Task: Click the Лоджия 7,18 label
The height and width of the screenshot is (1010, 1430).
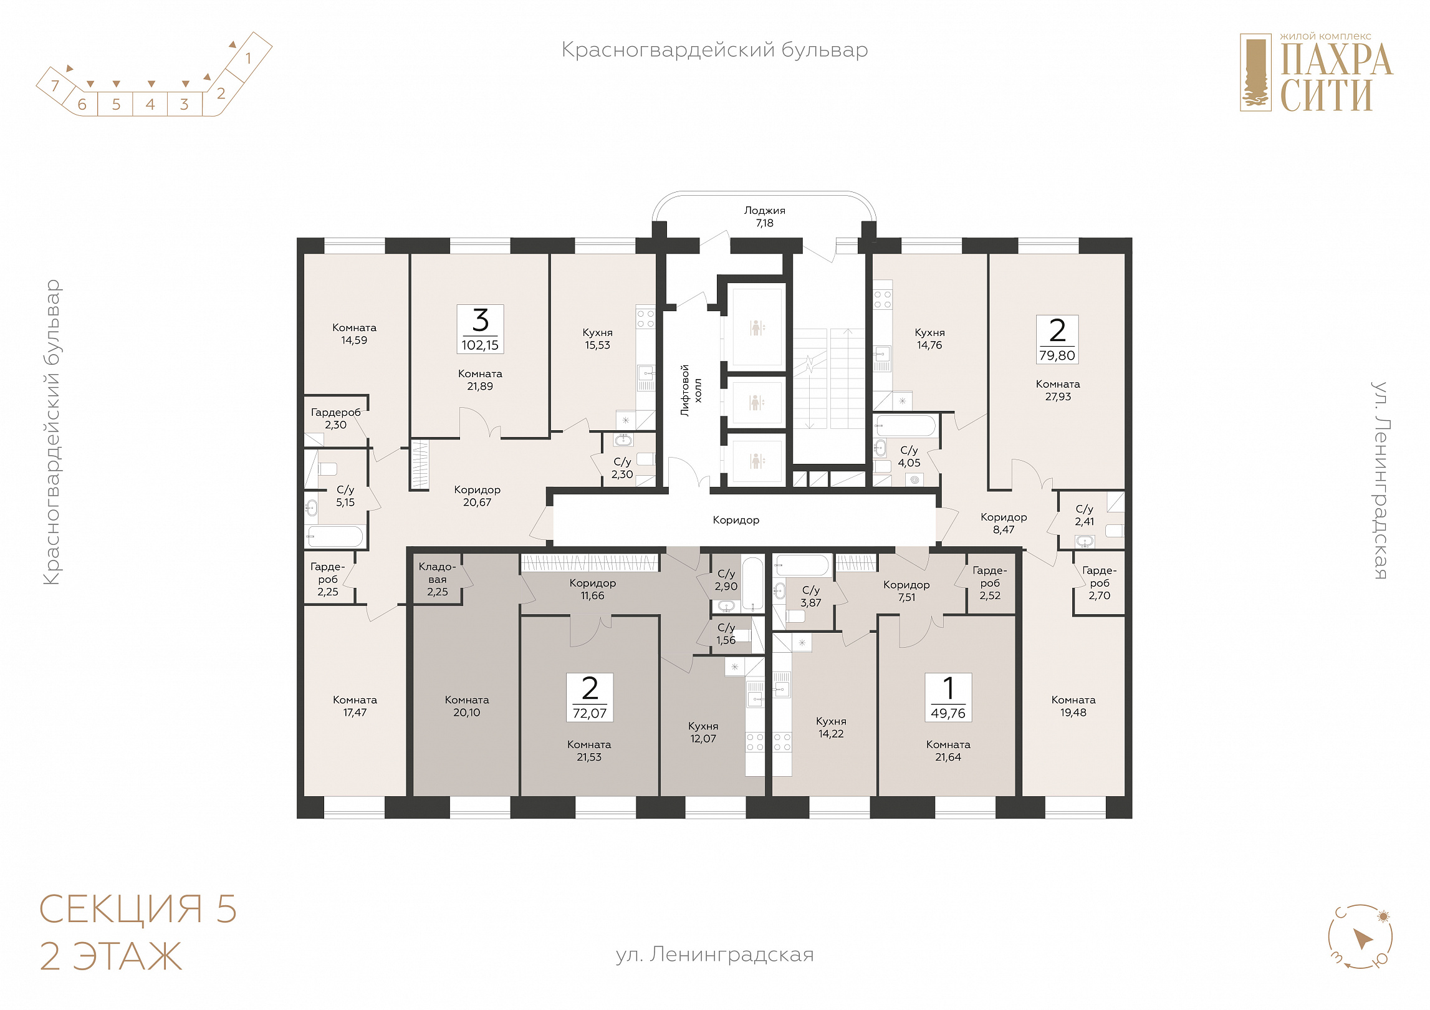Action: [764, 217]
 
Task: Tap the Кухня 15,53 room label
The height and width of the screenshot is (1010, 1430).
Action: [597, 339]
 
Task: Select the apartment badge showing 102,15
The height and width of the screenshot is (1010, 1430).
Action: [480, 329]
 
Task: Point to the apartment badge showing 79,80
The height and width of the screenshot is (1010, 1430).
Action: [1057, 340]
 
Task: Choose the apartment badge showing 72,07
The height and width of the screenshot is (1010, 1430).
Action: [590, 698]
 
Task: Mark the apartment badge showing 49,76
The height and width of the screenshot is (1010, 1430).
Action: [948, 698]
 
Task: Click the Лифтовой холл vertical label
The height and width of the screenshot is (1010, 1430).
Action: [691, 390]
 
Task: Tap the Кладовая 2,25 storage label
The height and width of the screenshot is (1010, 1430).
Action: [437, 579]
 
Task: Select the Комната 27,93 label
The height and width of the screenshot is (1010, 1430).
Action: [1058, 390]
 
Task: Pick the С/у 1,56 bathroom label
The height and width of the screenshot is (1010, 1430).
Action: [726, 634]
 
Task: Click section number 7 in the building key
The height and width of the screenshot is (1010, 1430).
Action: [55, 85]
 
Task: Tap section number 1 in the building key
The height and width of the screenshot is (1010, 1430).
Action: [248, 58]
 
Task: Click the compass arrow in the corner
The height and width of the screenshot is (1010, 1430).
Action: [1363, 939]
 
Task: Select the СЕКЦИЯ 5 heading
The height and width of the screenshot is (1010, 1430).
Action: [138, 909]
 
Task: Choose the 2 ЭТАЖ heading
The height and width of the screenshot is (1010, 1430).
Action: [111, 956]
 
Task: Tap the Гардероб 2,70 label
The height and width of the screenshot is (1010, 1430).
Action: [1100, 583]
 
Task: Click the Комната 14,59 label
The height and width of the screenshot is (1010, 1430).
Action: [354, 334]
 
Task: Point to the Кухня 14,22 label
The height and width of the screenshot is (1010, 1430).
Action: [831, 728]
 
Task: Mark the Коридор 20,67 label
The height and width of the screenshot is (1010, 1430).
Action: [477, 496]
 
